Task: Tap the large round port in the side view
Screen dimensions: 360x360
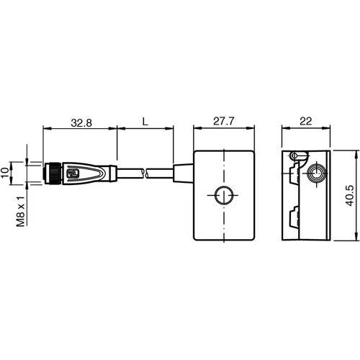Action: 316,175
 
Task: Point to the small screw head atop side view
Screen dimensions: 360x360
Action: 294,156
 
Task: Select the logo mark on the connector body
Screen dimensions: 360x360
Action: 73,173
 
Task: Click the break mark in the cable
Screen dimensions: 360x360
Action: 146,173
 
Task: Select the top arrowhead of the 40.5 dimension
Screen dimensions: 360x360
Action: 358,153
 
